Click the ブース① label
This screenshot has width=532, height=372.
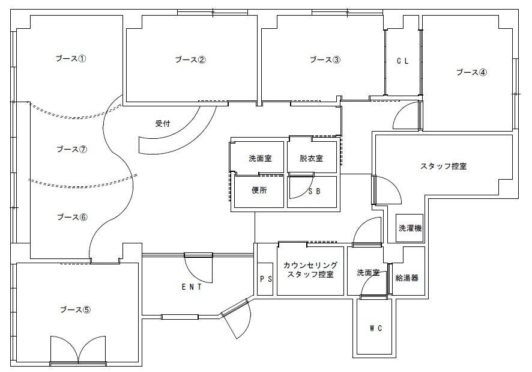(71, 59)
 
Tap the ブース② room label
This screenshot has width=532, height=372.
(190, 59)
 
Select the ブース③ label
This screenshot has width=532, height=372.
(325, 59)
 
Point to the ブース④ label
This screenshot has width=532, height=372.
(471, 72)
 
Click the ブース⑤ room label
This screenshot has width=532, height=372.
(75, 310)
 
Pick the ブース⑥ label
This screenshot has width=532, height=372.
(72, 217)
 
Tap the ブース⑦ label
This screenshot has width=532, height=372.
(71, 149)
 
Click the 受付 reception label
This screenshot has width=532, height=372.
(163, 124)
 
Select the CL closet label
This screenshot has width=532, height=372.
(402, 61)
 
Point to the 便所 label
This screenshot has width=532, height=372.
(259, 192)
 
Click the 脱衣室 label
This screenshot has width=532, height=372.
(312, 159)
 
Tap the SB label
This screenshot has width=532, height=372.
(314, 192)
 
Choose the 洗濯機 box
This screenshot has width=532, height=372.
(410, 228)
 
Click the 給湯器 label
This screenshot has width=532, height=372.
(407, 278)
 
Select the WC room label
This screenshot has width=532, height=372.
(375, 328)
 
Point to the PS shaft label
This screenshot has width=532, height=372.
(265, 279)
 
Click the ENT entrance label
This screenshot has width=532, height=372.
(192, 287)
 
